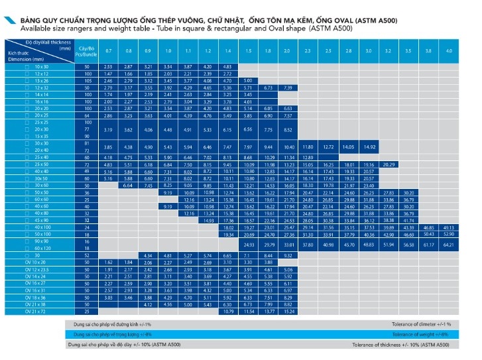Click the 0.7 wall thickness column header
click(108, 51)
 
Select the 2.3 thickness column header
click(308, 51)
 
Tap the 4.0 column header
click(449, 51)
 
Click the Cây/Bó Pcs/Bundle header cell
click(86, 50)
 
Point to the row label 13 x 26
click(41, 80)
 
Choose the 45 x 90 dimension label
click(41, 220)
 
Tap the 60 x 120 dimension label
click(41, 248)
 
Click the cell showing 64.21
click(449, 245)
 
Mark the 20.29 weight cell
click(389, 164)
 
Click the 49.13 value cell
click(449, 227)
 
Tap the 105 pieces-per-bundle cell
click(86, 80)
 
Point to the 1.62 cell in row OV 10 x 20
click(108, 263)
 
